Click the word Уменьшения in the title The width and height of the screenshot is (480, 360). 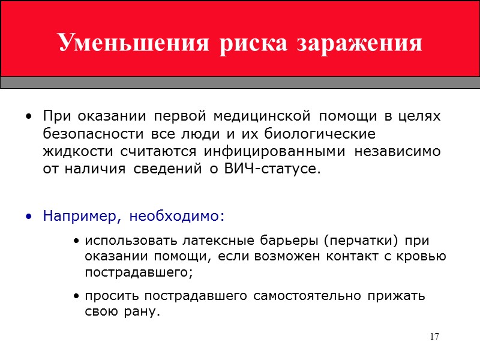tap(133, 44)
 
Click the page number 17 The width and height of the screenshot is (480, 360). tap(434, 336)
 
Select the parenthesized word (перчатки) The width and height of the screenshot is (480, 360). tap(361, 241)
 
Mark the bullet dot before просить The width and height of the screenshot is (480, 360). tap(77, 296)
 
